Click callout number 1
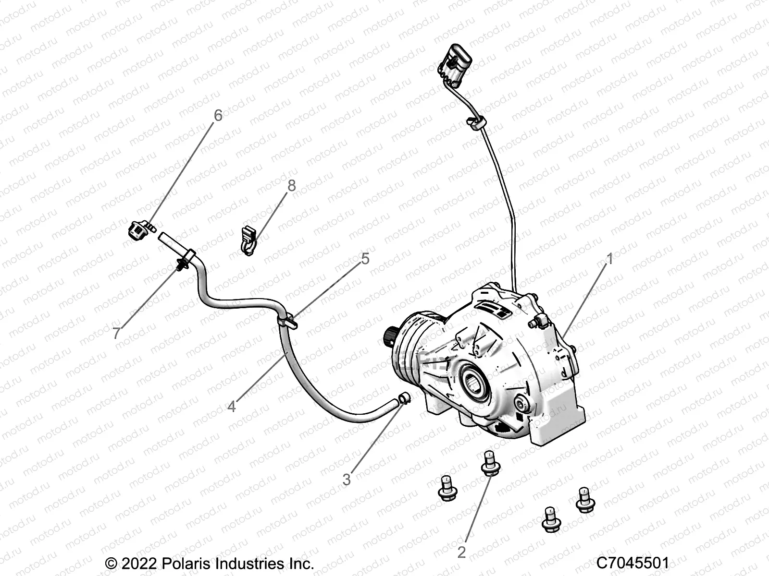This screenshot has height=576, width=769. (610, 260)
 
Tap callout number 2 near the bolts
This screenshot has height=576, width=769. (461, 552)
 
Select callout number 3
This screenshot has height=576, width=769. (347, 479)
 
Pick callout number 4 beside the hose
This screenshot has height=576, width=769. (232, 407)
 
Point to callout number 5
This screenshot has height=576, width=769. (365, 259)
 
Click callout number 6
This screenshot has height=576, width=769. (218, 115)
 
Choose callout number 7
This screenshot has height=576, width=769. (117, 333)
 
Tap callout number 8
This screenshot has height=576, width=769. (292, 186)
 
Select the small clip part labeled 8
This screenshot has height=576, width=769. (248, 240)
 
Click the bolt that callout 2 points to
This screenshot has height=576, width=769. (489, 463)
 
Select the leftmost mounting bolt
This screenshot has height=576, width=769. (447, 489)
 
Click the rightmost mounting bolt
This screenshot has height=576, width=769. (585, 499)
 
